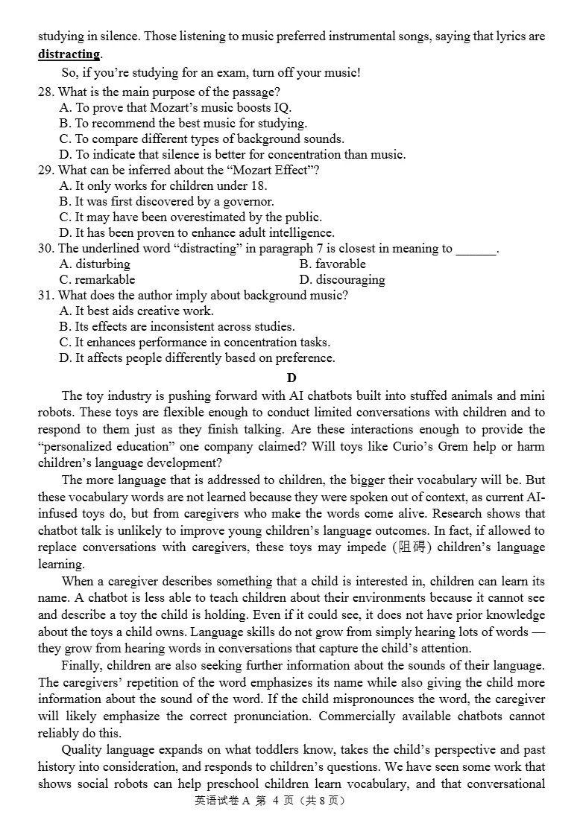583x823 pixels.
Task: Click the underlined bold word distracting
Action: coord(69,54)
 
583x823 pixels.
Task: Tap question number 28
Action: coord(45,92)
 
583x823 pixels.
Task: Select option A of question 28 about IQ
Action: coord(175,107)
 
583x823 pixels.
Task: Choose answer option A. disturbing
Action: coord(95,264)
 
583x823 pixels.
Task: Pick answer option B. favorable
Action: coord(333,264)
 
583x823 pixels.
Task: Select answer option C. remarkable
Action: coord(97,279)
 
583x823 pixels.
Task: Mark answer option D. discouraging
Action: coord(342,279)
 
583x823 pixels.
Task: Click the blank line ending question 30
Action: coord(476,250)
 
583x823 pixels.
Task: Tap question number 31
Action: coord(45,295)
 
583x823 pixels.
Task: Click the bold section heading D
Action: coord(291,378)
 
